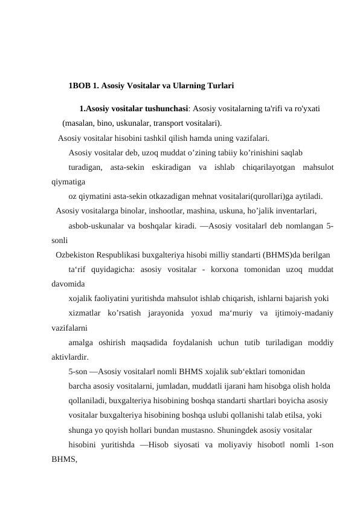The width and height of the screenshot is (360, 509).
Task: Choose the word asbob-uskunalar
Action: tap(97, 226)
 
